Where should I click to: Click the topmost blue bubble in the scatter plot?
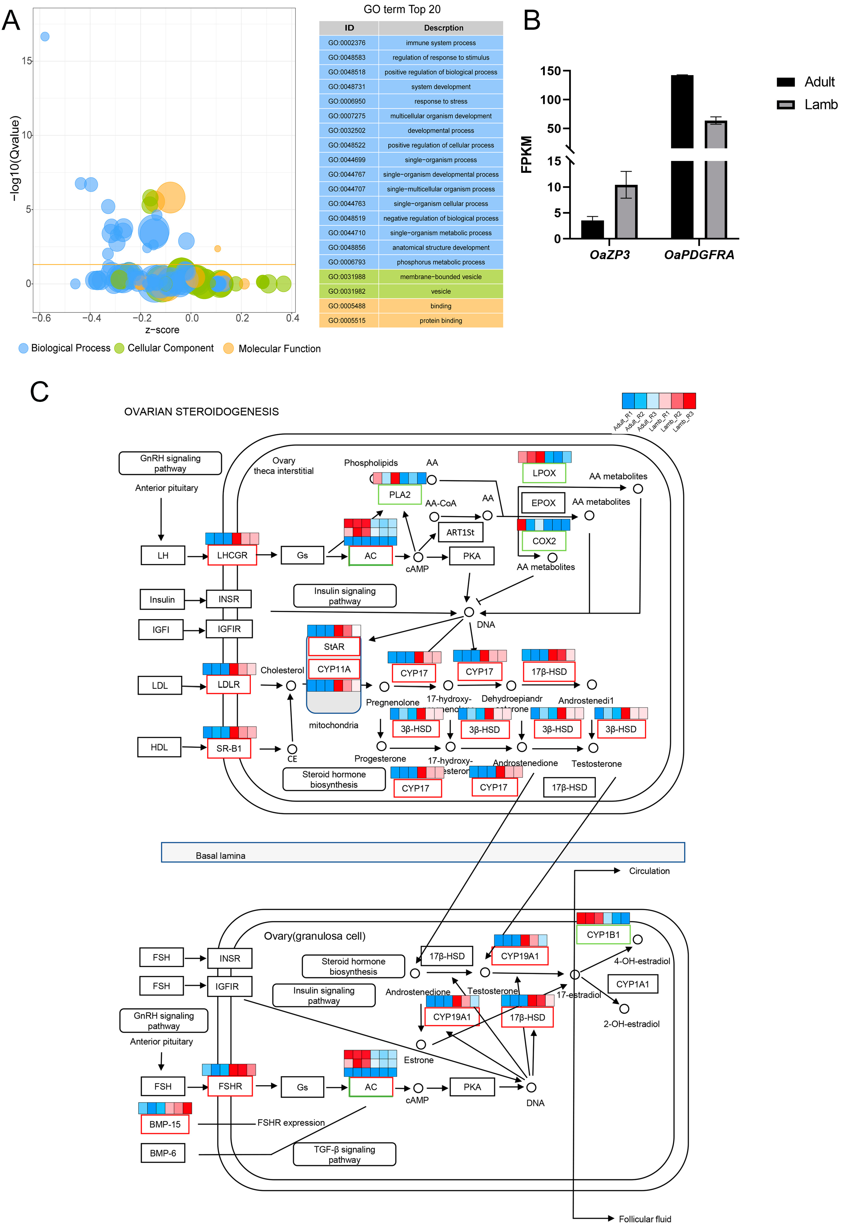45,36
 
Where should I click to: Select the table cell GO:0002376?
347,43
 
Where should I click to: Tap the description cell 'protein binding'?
441,321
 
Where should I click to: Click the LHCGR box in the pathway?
232,555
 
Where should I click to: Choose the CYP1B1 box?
603,935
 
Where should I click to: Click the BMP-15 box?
165,1124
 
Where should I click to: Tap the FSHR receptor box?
230,1087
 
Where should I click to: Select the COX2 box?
544,541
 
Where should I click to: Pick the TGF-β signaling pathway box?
345,1154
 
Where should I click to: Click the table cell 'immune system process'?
441,43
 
